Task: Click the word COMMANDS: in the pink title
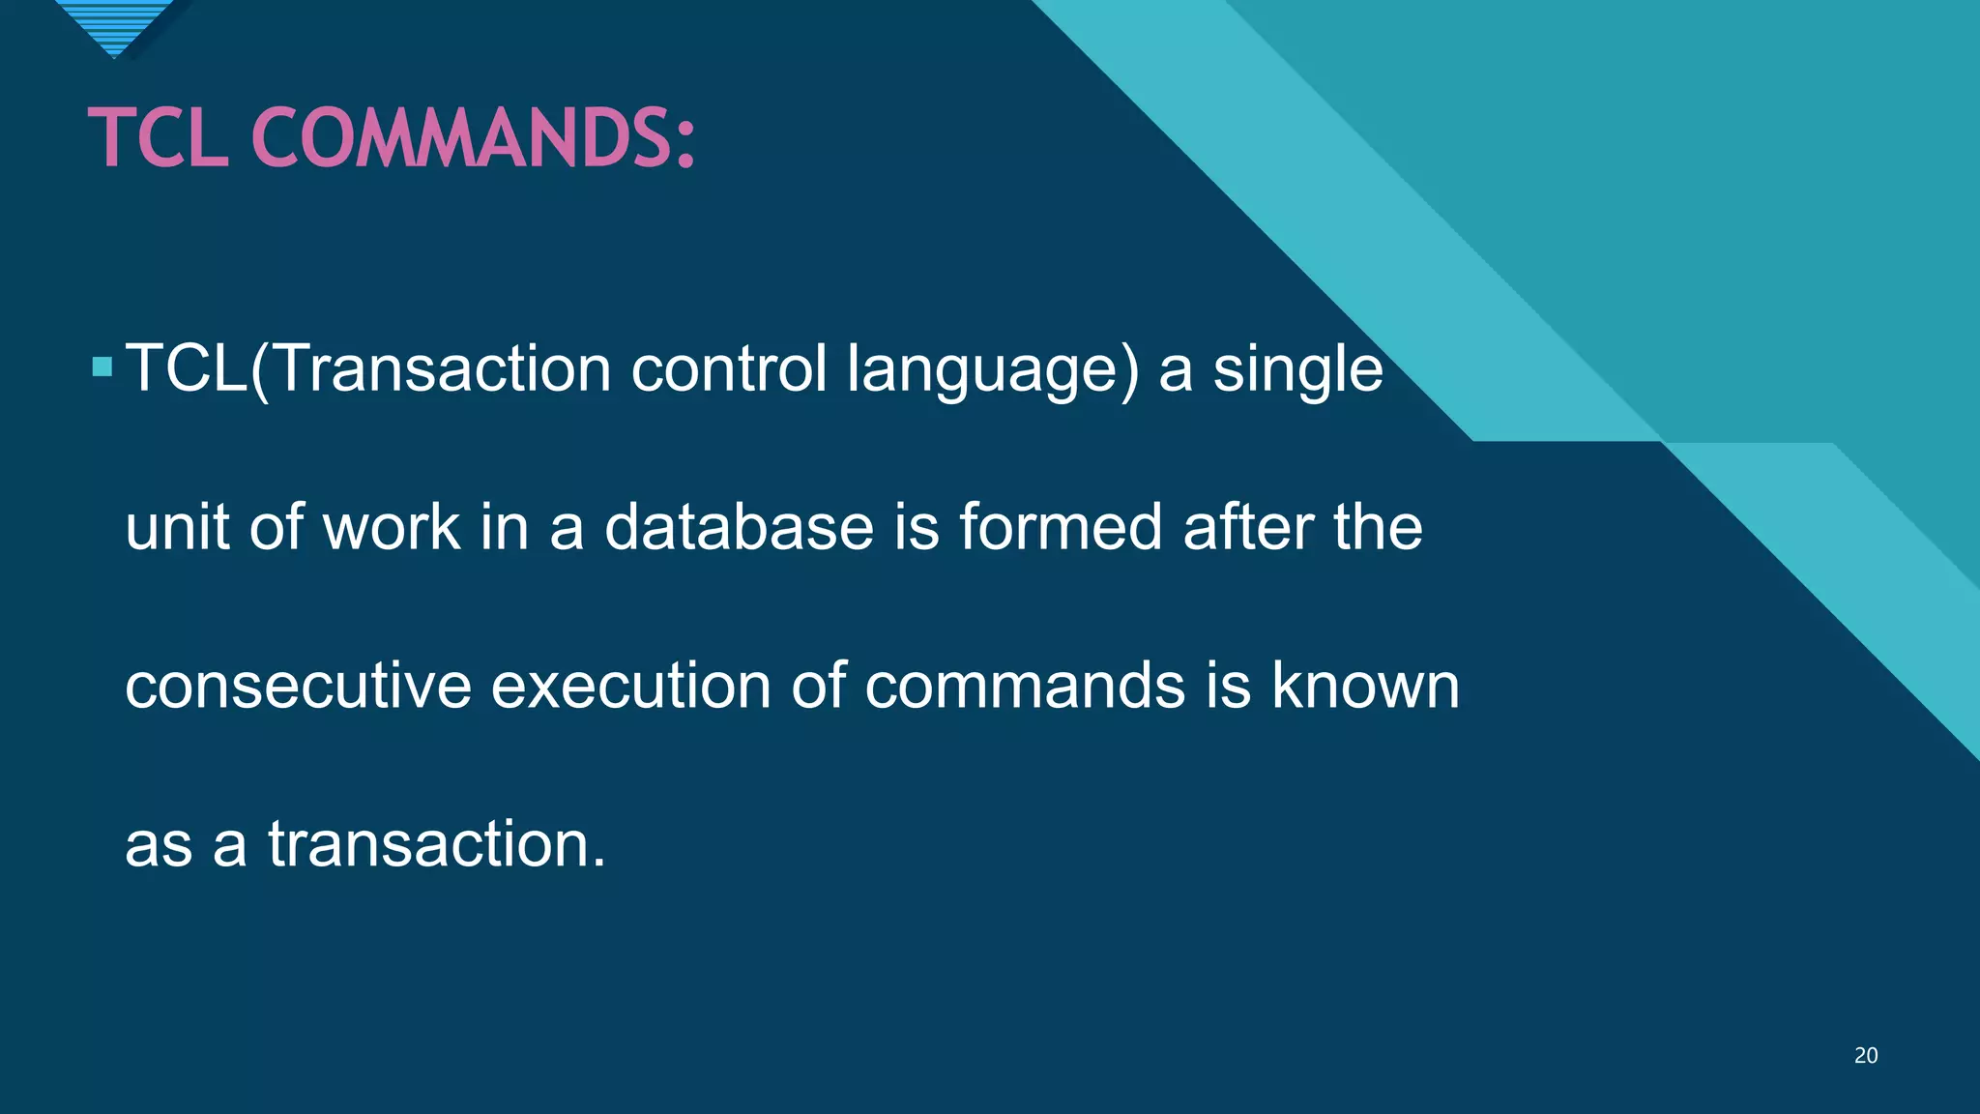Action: (473, 137)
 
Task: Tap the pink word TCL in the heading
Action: (159, 137)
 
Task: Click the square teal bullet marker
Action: (102, 367)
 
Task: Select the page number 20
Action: (1865, 1056)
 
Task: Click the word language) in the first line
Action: (993, 370)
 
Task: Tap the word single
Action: (1297, 370)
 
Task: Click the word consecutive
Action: (297, 686)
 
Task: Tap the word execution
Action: (630, 686)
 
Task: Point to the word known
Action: (1364, 686)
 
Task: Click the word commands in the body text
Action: (1024, 686)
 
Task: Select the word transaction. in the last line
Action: (437, 844)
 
